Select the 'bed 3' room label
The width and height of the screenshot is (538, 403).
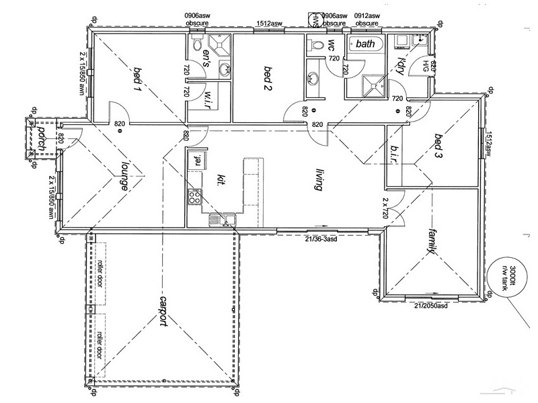[439, 146]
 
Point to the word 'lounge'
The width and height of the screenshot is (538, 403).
[124, 177]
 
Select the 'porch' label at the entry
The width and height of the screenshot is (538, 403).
[42, 138]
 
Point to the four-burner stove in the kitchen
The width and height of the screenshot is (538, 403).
[194, 197]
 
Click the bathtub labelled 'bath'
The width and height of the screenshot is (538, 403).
[365, 44]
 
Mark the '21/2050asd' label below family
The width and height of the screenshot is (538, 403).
[431, 306]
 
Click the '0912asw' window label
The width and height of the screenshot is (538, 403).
[367, 15]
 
